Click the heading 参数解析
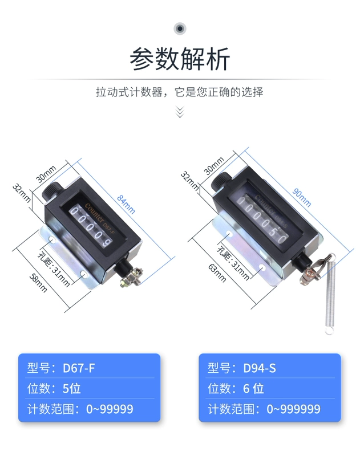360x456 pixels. coord(180,59)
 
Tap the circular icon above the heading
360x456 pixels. coord(180,28)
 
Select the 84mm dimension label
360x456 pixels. coord(126,204)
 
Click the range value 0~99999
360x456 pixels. coord(110,409)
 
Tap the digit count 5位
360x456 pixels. coord(71,388)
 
